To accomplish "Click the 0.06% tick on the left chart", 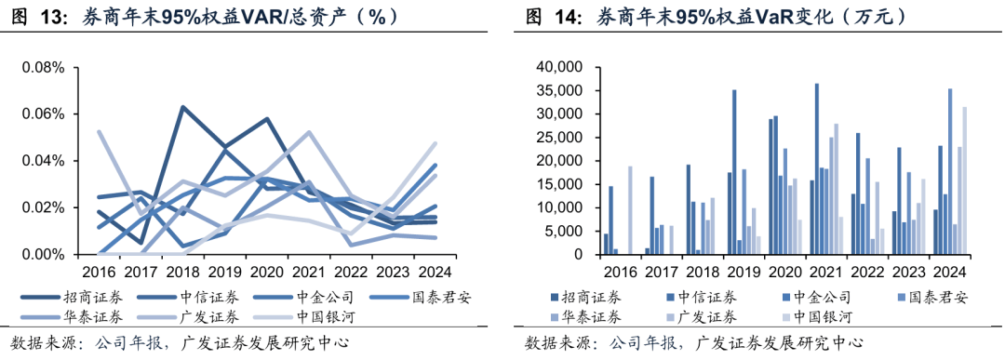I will [x=43, y=114].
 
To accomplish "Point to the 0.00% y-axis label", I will [x=43, y=254].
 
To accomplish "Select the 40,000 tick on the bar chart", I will [x=558, y=67].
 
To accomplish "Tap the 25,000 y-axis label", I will [x=558, y=138].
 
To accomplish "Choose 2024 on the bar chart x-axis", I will [x=949, y=272].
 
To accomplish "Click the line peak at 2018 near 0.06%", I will [x=182, y=108].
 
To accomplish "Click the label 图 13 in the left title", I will [x=37, y=16].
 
